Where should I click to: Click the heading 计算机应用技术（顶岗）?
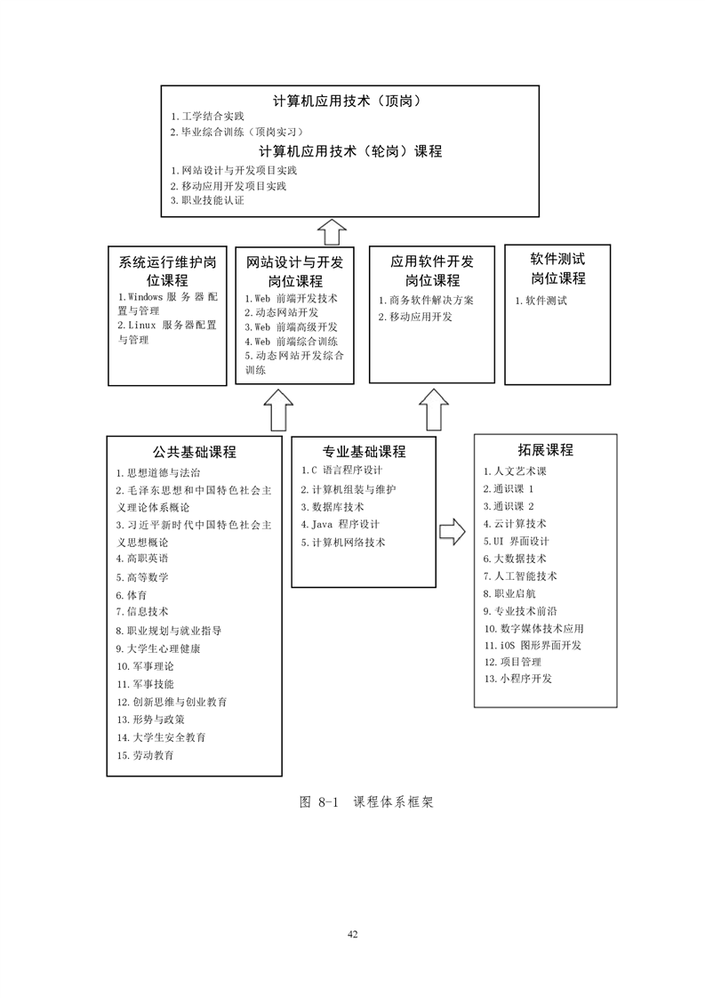click(x=348, y=101)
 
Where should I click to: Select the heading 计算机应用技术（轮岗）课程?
click(x=350, y=151)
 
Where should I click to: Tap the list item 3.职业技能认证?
click(x=207, y=200)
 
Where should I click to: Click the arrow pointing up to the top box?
click(x=332, y=232)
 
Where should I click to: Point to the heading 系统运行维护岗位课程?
click(x=167, y=271)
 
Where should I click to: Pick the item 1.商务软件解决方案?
click(x=426, y=301)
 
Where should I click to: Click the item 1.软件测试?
click(x=541, y=301)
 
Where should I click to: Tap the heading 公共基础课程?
click(x=194, y=452)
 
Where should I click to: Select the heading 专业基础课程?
click(x=364, y=452)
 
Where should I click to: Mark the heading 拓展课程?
click(x=545, y=450)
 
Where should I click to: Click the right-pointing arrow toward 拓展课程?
click(x=453, y=531)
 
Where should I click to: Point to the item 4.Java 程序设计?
click(x=340, y=525)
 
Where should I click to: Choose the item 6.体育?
click(x=131, y=595)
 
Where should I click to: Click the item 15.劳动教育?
click(x=145, y=755)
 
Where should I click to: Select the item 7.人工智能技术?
click(x=520, y=576)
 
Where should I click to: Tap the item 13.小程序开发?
click(x=518, y=679)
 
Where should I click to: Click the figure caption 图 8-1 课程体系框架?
click(x=366, y=802)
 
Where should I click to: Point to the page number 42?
click(x=352, y=934)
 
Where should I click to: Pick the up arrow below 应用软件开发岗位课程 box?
click(x=434, y=409)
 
